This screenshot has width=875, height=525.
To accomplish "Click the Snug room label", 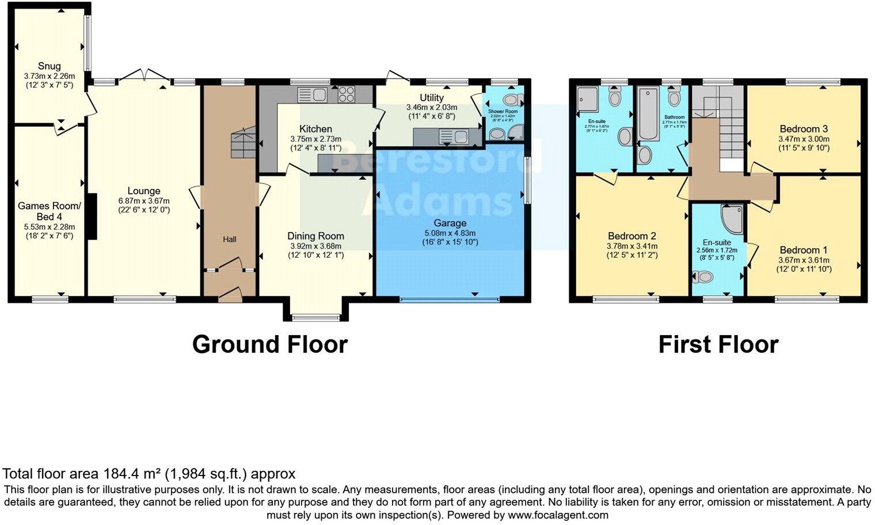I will (49, 66).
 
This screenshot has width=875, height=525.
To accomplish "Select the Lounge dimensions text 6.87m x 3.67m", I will (144, 200).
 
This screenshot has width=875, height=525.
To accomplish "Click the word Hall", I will (229, 239).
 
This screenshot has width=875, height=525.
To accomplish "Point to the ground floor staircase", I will (242, 143).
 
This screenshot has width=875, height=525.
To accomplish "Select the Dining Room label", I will (315, 236).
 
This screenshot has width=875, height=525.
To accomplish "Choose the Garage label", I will (450, 223).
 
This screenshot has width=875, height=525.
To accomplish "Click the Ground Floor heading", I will (269, 345).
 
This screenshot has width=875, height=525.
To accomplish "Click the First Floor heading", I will (718, 345).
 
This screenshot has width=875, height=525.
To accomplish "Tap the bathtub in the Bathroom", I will (648, 114).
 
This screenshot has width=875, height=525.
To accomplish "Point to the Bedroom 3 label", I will (804, 129).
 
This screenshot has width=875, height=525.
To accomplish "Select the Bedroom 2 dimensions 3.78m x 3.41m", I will (632, 246).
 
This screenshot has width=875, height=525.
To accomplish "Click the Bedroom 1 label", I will (803, 250).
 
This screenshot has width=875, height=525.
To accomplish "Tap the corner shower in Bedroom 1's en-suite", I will (732, 219).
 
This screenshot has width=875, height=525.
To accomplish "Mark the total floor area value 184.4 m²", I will (132, 474).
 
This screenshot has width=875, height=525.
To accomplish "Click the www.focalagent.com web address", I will (558, 515).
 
